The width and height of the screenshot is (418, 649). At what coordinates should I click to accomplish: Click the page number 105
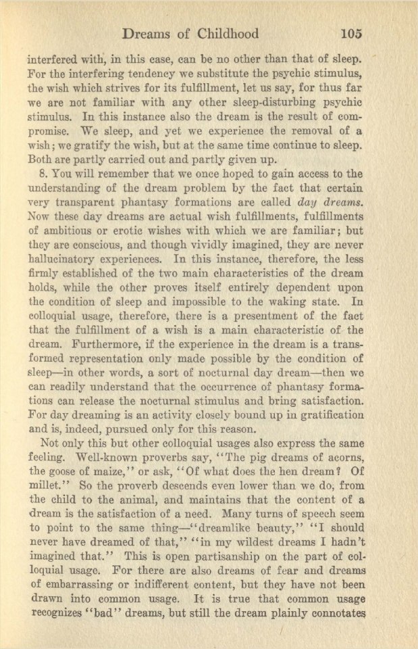click(x=354, y=33)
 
